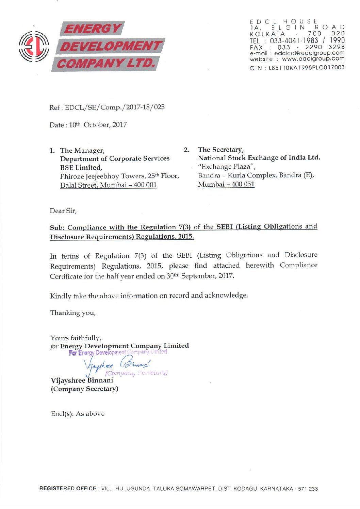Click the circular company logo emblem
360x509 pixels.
(33, 47)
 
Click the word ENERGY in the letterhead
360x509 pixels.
(92, 29)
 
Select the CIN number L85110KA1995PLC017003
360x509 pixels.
(306, 68)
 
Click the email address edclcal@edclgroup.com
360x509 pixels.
(309, 53)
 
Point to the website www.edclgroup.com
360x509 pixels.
(313, 59)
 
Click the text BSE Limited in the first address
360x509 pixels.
(81, 167)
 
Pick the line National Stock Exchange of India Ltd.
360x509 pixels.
(259, 158)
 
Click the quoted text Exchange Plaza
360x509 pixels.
(226, 167)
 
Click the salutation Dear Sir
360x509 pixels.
(63, 211)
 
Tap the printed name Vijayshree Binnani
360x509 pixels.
(82, 380)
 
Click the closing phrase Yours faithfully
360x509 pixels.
(76, 338)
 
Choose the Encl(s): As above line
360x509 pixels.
(77, 414)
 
